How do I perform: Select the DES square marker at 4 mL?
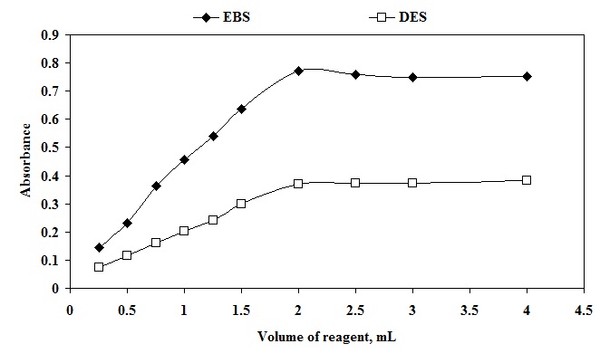527,180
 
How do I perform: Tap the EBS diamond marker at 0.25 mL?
99,247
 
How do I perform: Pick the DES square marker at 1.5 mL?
241,204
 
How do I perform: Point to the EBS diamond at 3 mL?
412,77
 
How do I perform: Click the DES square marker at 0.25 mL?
99,267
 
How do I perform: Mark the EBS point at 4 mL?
527,77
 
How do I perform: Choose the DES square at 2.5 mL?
355,183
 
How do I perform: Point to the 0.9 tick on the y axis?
53,34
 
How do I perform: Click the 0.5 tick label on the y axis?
53,148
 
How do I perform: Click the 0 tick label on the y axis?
57,289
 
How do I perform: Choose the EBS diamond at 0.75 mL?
156,186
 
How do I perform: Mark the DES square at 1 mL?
184,231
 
